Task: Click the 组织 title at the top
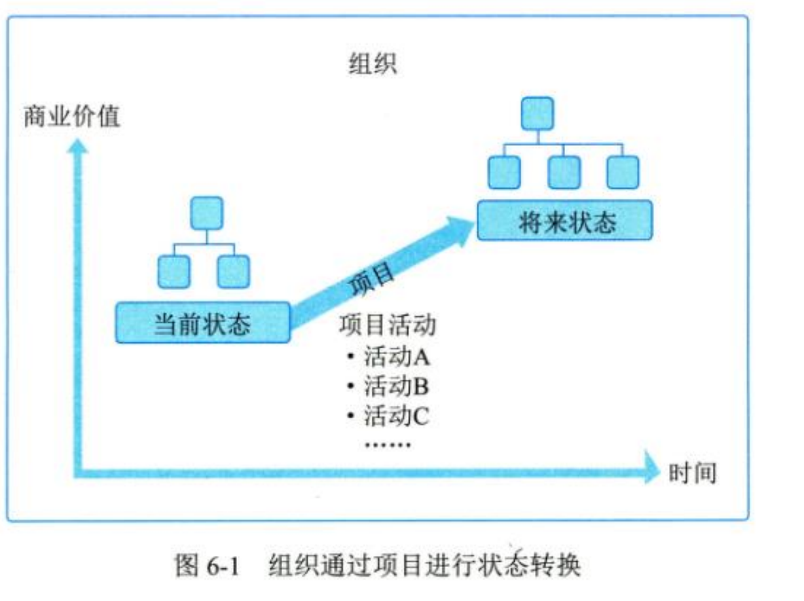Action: coord(372,65)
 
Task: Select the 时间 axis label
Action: coord(692,472)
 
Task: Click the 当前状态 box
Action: coord(202,322)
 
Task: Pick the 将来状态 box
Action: coord(564,221)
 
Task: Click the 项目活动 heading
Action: coord(388,326)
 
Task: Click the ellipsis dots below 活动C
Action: coord(386,445)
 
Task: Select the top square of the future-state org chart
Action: coord(537,113)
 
